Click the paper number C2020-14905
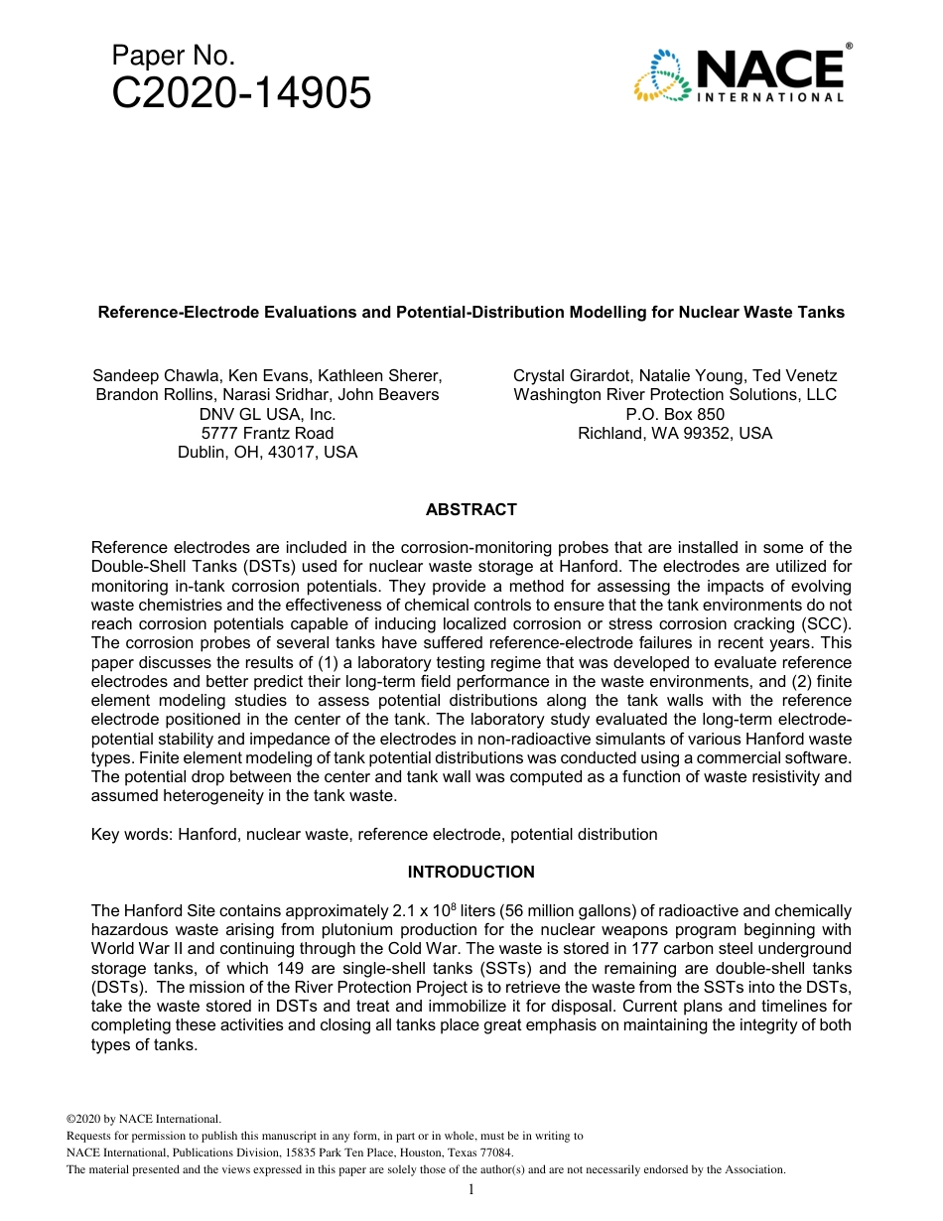241,94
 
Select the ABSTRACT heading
471,509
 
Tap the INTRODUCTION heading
471,872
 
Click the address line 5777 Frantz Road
267,433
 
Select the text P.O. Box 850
674,414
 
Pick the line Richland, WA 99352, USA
674,433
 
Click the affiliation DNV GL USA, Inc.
267,414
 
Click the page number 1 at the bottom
471,1190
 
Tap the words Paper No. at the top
173,56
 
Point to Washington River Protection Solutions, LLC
674,394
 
